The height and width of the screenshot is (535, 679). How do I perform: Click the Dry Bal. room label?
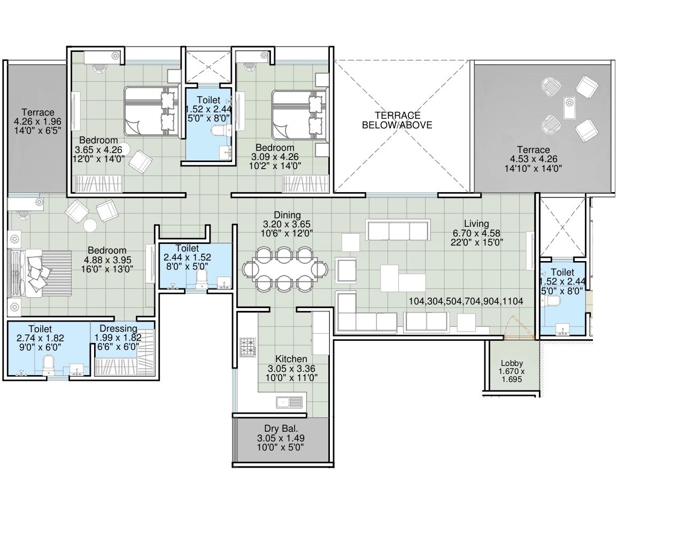click(280, 429)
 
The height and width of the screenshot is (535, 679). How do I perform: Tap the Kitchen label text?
click(291, 359)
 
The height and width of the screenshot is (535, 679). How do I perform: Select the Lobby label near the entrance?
click(512, 363)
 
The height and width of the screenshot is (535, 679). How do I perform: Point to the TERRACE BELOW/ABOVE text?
click(397, 120)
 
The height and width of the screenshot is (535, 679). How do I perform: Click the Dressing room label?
click(115, 328)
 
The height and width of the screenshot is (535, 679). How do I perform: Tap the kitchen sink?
click(284, 402)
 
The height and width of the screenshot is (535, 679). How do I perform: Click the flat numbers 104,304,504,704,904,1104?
click(466, 301)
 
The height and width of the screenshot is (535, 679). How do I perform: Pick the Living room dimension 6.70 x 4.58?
click(476, 233)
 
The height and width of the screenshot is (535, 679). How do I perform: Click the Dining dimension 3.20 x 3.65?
click(287, 225)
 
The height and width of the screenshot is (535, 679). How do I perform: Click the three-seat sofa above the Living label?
click(398, 230)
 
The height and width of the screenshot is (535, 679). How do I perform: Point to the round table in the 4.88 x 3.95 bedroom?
click(90, 225)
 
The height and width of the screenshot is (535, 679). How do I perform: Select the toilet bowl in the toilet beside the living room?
click(554, 301)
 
